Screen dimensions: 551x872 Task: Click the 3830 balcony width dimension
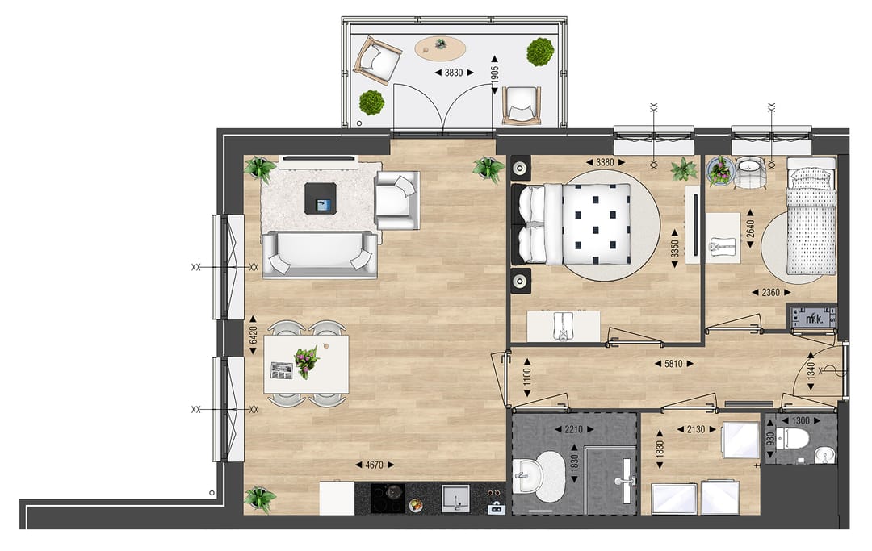coord(455,73)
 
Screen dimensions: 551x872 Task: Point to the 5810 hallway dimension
coord(673,364)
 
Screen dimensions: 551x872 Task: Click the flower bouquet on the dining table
coord(306,361)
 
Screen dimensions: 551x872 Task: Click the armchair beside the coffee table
coord(396,199)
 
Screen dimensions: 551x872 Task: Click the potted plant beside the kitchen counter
coord(260,499)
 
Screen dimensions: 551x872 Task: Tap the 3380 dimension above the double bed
coord(605,162)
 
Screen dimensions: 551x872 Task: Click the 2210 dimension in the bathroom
coord(572,429)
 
